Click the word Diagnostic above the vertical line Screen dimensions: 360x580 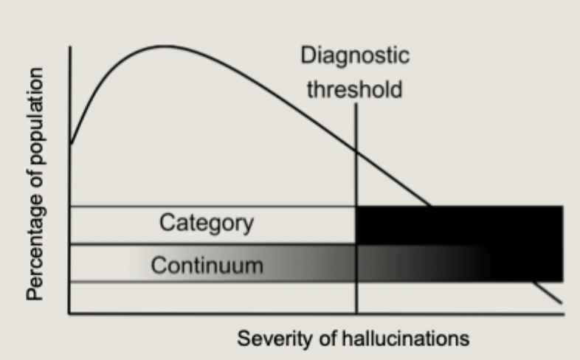point(355,57)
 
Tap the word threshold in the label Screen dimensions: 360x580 point(355,90)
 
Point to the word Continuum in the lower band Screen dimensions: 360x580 point(207,264)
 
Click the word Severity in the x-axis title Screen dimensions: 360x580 point(266,339)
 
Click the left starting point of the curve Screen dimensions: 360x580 point(71,143)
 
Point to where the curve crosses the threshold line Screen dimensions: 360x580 point(356,151)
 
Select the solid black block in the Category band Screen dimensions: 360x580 point(459,225)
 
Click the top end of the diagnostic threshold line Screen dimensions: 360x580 point(356,105)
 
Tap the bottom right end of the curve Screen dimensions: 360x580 point(562,303)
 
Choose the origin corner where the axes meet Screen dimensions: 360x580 point(70,314)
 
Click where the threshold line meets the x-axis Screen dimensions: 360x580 point(356,314)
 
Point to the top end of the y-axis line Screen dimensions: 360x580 point(70,47)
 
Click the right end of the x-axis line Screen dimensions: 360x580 point(564,314)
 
